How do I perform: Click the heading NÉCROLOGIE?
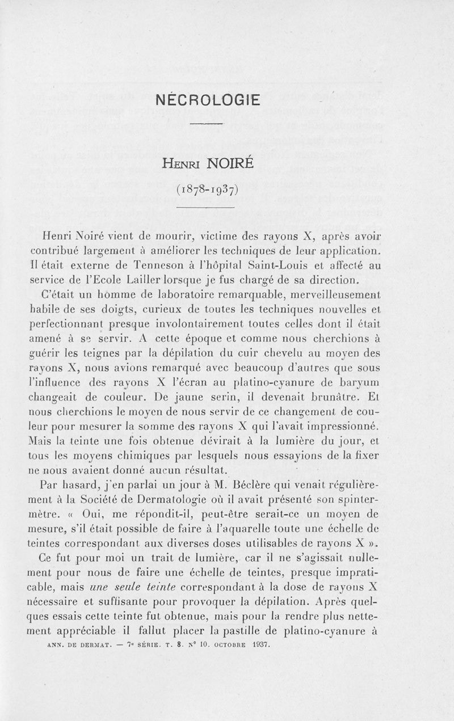pyautogui.click(x=207, y=100)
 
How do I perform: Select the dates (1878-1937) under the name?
pyautogui.click(x=206, y=188)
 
